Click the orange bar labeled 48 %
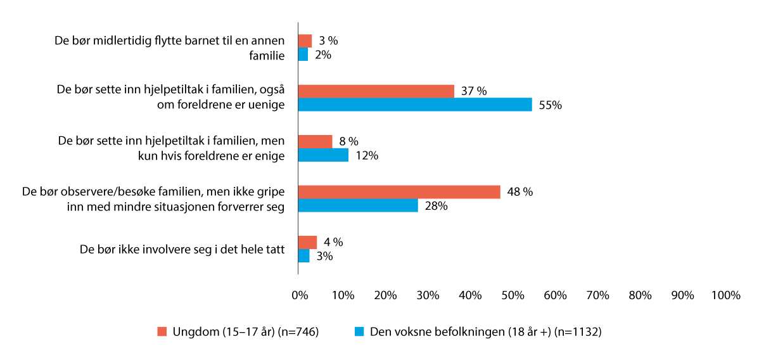click(x=399, y=192)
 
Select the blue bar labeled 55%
click(x=415, y=105)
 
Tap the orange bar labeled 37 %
click(x=376, y=91)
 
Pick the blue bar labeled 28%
click(x=358, y=205)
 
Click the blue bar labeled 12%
click(x=323, y=155)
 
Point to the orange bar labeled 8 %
click(x=315, y=141)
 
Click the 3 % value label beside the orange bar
click(x=328, y=41)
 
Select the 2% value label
click(x=323, y=55)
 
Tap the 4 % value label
click(x=333, y=242)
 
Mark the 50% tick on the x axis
click(x=513, y=295)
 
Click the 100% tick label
click(x=725, y=295)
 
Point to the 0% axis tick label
click(x=299, y=295)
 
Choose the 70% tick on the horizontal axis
click(x=598, y=295)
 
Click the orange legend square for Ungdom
click(x=162, y=331)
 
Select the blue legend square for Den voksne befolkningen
click(x=359, y=331)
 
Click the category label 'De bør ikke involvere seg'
click(x=182, y=249)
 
